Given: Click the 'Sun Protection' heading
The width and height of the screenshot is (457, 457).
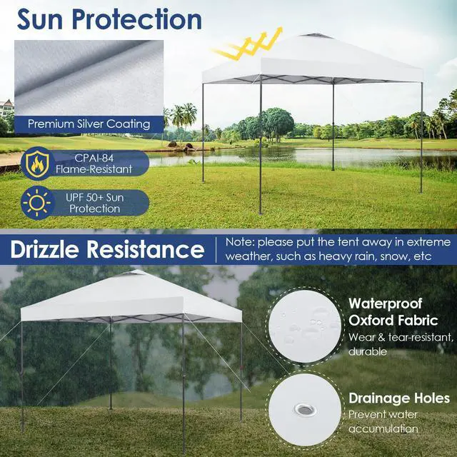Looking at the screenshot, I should pos(109,19).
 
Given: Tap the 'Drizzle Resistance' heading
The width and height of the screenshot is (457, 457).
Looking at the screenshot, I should pos(107,250).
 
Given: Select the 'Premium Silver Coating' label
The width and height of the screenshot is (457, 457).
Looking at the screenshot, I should pos(89,124).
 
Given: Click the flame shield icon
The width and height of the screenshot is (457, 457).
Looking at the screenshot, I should pos(35,163).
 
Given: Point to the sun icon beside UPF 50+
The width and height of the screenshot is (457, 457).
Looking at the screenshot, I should pos(35,202).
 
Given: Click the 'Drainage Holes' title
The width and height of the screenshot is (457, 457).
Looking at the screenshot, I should pos(398,398).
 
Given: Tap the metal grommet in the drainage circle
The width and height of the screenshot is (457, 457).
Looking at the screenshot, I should pos(303,409).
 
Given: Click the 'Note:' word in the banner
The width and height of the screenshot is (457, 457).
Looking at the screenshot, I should pos(240,242).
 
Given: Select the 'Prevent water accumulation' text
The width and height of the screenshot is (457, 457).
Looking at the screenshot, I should pos(383,421).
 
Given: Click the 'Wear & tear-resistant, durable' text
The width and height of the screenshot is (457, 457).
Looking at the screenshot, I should pos(400,343).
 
